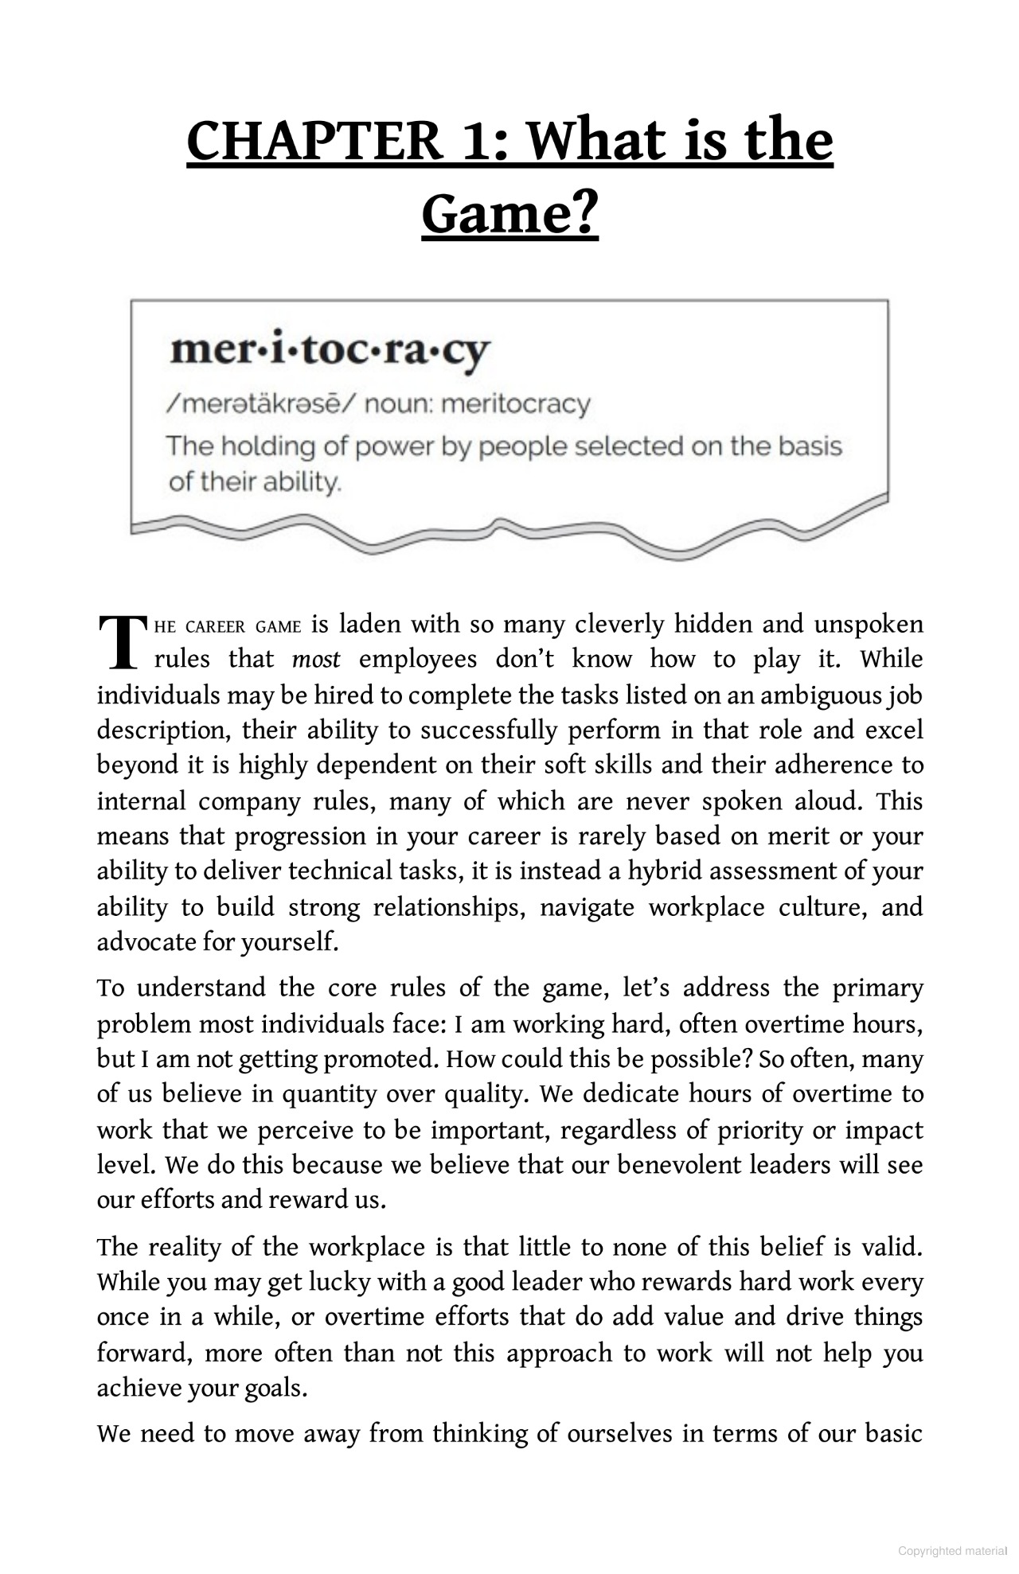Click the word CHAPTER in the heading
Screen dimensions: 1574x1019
pyautogui.click(x=314, y=141)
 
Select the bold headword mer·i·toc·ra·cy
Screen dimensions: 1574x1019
pyautogui.click(x=330, y=351)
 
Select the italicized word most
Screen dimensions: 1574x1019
pyautogui.click(x=316, y=660)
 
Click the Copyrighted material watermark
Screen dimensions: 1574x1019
pyautogui.click(x=952, y=1550)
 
